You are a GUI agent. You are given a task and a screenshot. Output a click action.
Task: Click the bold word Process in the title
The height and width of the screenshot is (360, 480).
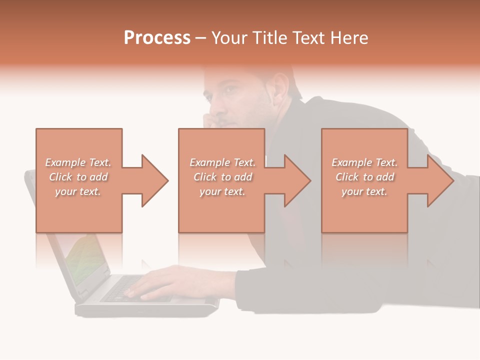[x=157, y=38]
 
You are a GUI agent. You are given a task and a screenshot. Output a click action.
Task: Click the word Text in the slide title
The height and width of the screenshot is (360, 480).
[x=308, y=38]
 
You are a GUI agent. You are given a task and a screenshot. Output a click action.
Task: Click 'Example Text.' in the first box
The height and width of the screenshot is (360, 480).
[x=78, y=162]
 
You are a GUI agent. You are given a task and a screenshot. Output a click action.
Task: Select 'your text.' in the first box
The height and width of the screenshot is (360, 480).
[x=78, y=191]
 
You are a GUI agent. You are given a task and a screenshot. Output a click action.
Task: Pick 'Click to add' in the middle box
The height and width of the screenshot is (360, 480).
[x=222, y=177]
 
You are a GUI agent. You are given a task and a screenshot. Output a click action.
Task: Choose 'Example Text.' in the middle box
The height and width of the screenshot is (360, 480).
[x=222, y=162]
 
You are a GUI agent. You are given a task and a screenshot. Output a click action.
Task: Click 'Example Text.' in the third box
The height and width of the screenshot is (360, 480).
[x=364, y=162]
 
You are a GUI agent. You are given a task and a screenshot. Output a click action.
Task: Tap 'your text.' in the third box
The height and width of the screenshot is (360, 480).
[x=364, y=191]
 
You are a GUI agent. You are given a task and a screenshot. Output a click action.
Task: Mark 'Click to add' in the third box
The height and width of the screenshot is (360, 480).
[x=364, y=177]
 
